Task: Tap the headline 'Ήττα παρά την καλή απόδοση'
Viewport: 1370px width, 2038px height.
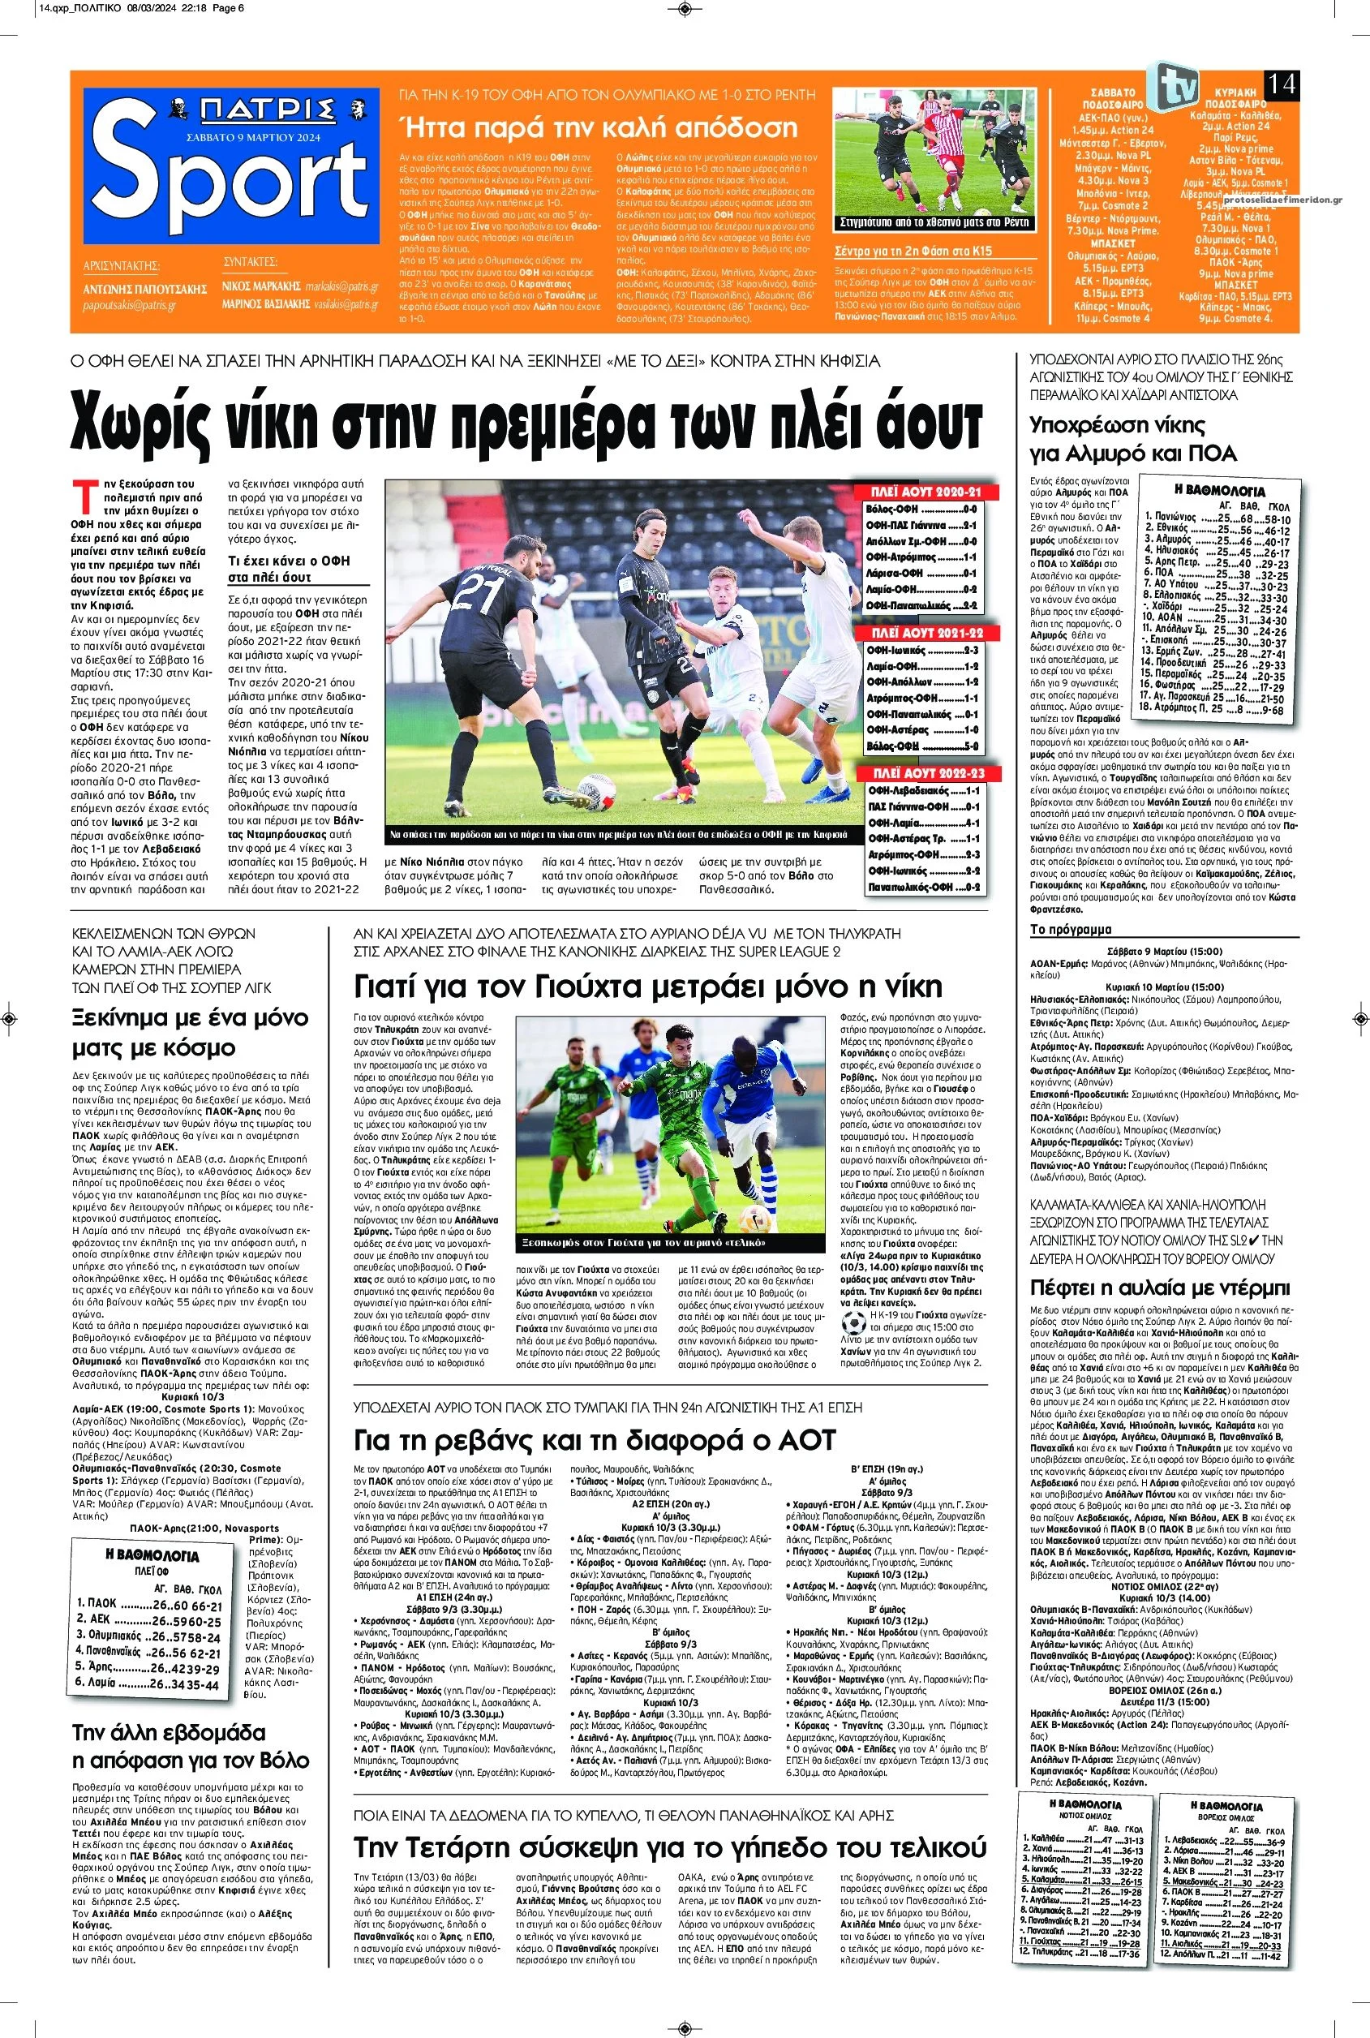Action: point(598,127)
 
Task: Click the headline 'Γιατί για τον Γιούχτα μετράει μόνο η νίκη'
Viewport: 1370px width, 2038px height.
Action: point(648,987)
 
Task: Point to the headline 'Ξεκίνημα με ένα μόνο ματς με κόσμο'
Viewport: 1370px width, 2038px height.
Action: point(191,1032)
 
